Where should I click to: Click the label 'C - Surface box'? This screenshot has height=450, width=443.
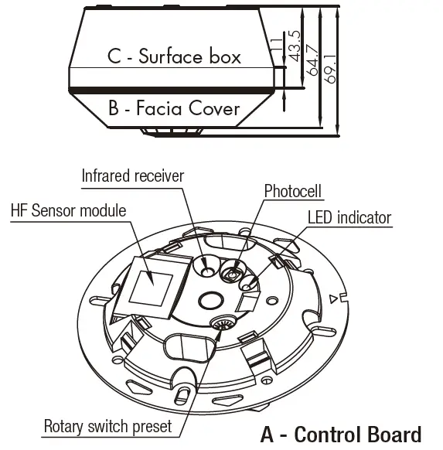[x=174, y=56]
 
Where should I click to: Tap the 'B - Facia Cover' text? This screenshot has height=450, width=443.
[x=174, y=108]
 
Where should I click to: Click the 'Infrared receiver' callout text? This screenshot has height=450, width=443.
[x=133, y=176]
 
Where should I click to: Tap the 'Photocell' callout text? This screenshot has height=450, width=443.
[x=292, y=190]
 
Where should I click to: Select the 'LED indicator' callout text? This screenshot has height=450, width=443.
[x=349, y=218]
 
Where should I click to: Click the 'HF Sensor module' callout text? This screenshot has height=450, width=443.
[x=69, y=210]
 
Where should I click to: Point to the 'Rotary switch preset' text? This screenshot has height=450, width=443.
[x=109, y=426]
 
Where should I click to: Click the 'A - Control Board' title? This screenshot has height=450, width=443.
[x=340, y=434]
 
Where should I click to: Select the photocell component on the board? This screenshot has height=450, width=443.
[x=231, y=271]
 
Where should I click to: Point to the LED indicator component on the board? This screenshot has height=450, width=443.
[x=250, y=300]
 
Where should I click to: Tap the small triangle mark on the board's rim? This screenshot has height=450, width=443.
[x=332, y=298]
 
